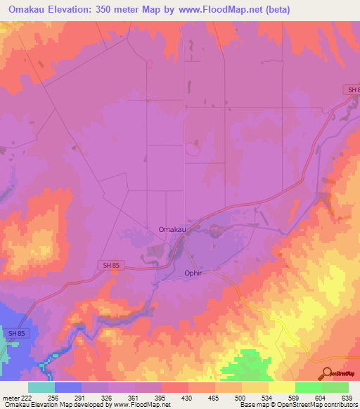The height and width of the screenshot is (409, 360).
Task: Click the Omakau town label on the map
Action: pyautogui.click(x=172, y=229)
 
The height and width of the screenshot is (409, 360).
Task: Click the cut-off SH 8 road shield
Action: pyautogui.click(x=353, y=90)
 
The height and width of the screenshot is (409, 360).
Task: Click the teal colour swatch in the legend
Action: pyautogui.click(x=41, y=387)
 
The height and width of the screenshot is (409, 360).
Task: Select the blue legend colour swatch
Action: pyautogui.click(x=67, y=387)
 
